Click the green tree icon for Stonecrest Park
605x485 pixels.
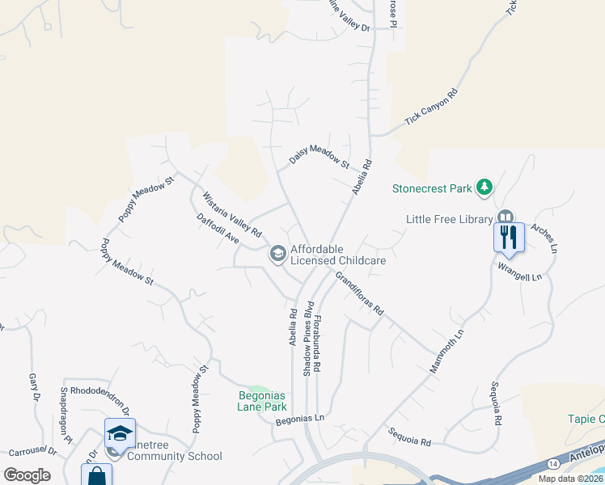484,188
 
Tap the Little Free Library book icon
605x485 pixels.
505,218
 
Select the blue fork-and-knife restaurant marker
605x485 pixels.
509,238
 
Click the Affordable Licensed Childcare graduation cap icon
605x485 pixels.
277,255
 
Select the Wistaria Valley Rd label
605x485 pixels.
231,214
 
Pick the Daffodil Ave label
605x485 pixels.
218,229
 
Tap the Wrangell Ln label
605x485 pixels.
519,271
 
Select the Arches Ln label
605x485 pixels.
544,237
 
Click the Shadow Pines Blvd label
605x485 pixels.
308,338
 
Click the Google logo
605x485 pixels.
27,475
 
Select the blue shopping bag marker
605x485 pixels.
96,476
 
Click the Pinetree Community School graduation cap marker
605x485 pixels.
120,434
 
